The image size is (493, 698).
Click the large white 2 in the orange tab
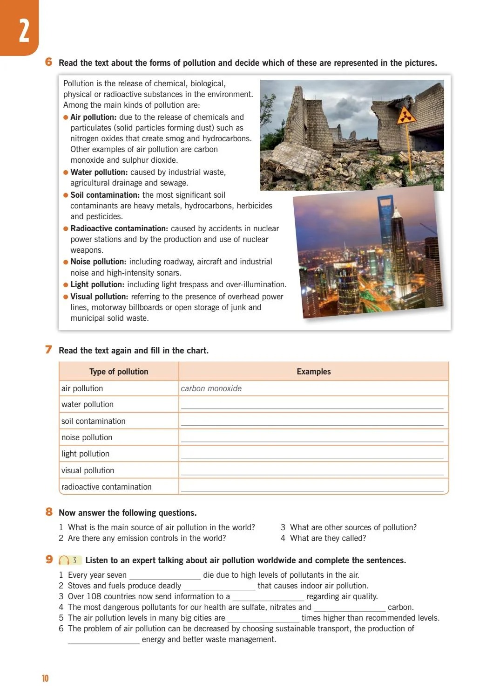click(x=24, y=32)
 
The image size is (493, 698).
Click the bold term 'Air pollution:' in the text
click(x=93, y=117)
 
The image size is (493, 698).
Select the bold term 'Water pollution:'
click(x=99, y=172)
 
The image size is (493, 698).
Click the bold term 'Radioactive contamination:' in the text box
click(x=119, y=228)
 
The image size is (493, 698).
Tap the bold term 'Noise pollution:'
click(x=98, y=262)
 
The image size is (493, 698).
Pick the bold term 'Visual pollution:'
click(x=99, y=297)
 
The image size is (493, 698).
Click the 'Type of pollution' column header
click(x=119, y=372)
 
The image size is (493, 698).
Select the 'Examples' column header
click(x=313, y=372)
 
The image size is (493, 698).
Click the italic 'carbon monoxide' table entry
click(x=211, y=388)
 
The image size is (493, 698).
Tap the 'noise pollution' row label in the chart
click(x=87, y=437)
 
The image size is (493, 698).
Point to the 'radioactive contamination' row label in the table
click(x=106, y=487)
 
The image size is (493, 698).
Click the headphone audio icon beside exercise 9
click(x=64, y=560)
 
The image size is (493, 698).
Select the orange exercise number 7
click(x=48, y=350)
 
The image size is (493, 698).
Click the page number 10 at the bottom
click(x=45, y=678)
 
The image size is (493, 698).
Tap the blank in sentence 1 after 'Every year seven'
click(x=164, y=576)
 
